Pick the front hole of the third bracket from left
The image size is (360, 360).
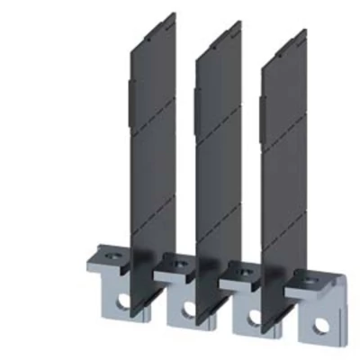253,315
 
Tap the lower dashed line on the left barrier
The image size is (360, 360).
152,196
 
